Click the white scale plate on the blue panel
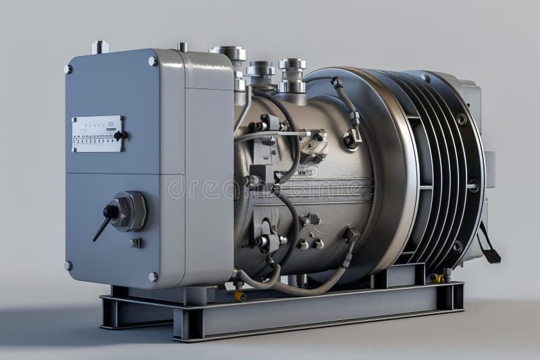pyautogui.click(x=97, y=133)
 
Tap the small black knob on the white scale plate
pyautogui.click(x=119, y=135)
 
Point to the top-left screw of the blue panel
pyautogui.click(x=68, y=69)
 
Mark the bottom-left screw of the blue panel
pyautogui.click(x=68, y=265)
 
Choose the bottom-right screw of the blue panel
pyautogui.click(x=153, y=276)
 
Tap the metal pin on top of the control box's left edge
pyautogui.click(x=100, y=47)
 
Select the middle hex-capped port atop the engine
pyautogui.click(x=261, y=70)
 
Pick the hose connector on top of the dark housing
pyautogui.click(x=336, y=82)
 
